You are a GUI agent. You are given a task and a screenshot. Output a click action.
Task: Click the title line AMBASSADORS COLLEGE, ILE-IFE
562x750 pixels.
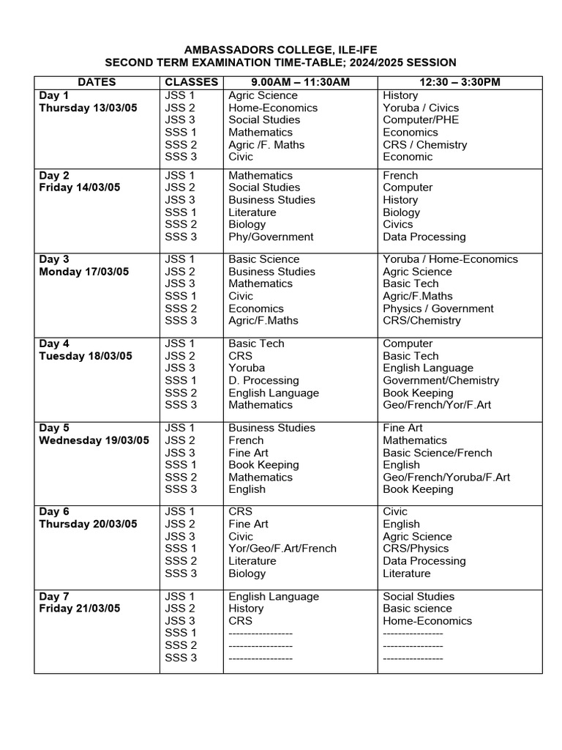280,49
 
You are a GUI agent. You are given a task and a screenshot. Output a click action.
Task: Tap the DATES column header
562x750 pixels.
97,82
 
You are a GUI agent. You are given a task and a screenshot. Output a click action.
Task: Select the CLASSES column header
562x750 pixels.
191,82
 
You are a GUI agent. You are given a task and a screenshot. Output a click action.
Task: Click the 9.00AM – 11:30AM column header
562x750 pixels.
300,82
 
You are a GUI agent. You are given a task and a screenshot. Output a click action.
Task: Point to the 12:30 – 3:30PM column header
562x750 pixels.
459,82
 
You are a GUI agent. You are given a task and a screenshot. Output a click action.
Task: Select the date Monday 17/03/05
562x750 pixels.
83,272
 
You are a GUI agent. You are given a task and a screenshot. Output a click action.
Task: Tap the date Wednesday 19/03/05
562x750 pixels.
94,440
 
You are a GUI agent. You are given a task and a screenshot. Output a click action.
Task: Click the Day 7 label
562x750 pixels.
54,596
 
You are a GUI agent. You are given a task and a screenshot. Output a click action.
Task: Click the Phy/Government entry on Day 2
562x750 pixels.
271,237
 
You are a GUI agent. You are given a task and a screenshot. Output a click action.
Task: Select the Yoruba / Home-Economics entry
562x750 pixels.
450,259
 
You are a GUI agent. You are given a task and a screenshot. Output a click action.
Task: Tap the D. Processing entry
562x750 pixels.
263,380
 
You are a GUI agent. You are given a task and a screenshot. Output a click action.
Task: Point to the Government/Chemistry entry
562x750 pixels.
441,380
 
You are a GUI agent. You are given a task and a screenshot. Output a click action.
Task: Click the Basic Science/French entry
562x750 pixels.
438,453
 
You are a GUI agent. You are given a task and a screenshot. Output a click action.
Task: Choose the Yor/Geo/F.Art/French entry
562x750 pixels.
282,549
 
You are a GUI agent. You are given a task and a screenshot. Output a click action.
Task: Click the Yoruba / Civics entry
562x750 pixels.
421,108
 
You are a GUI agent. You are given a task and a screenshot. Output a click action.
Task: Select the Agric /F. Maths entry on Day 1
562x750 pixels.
266,144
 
